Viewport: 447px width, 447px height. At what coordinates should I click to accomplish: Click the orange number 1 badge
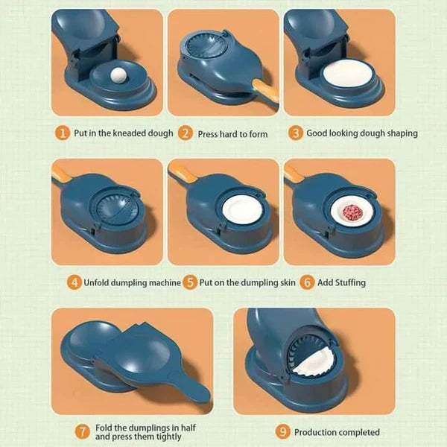pyautogui.click(x=63, y=133)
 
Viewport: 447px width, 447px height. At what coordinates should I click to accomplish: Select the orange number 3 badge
pyautogui.click(x=296, y=133)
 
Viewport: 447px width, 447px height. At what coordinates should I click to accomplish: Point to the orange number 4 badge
pyautogui.click(x=74, y=282)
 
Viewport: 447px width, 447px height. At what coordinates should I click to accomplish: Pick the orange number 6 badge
pyautogui.click(x=305, y=282)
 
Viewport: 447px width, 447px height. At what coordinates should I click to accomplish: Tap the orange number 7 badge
pyautogui.click(x=83, y=432)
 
